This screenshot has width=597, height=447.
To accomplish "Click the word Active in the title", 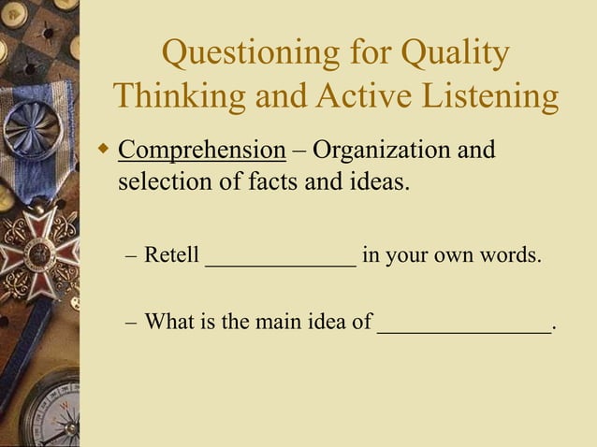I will (x=358, y=96).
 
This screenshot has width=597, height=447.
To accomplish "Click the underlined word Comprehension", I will (x=201, y=151).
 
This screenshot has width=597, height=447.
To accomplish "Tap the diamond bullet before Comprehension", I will (x=104, y=149).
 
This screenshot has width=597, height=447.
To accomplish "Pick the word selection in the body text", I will (x=162, y=180).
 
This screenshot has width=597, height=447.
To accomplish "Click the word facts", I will (x=264, y=180).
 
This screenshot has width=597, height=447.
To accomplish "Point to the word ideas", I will (x=382, y=180).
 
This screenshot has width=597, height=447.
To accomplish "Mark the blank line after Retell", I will (x=280, y=263).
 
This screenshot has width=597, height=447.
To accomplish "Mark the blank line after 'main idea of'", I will (x=464, y=331).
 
